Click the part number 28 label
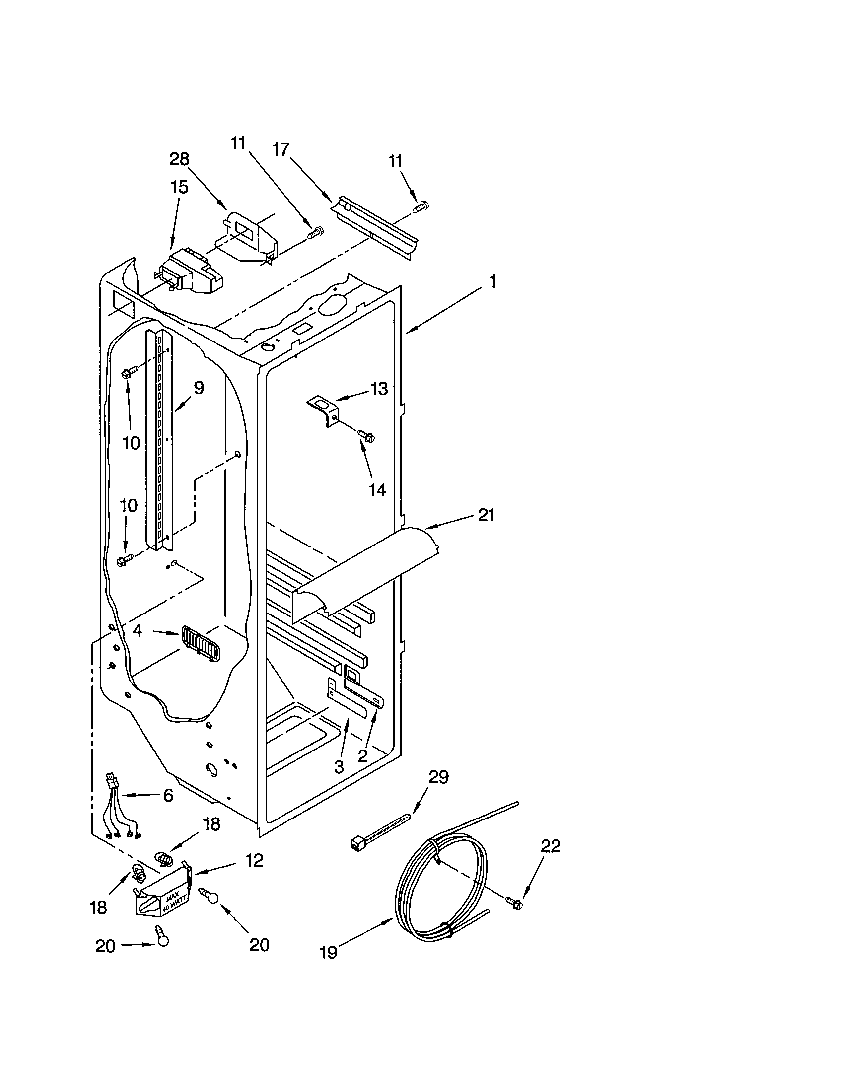[x=179, y=159]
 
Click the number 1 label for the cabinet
[x=492, y=282]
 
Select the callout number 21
[x=486, y=515]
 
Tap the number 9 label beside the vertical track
[x=199, y=388]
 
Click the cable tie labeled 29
[x=385, y=830]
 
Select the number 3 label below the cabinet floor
[x=339, y=766]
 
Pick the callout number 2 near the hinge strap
[x=363, y=755]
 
